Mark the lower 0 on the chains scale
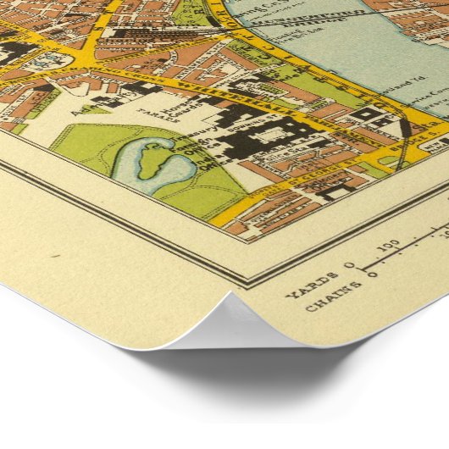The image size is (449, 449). (372, 275)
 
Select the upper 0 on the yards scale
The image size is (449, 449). (352, 267)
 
